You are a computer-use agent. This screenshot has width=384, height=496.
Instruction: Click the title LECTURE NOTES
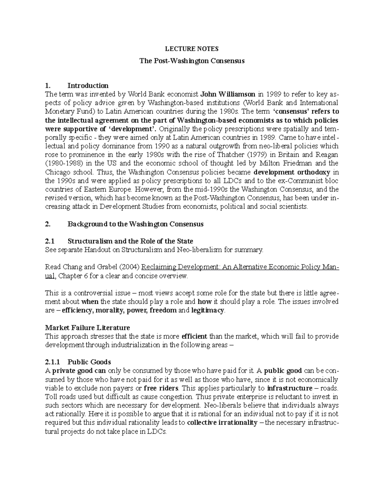pos(192,49)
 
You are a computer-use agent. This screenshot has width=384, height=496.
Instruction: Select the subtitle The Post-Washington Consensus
pos(192,61)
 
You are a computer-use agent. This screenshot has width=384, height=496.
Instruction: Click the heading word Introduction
pos(88,86)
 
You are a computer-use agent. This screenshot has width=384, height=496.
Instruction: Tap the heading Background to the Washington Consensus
pos(135,224)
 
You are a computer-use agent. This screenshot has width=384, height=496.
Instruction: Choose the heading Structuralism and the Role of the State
pos(130,241)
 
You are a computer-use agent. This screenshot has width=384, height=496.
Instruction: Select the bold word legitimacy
pos(208,310)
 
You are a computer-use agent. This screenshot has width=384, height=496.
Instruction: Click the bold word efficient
pos(195,336)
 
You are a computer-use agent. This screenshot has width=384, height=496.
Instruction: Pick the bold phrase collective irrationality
pos(222,423)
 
